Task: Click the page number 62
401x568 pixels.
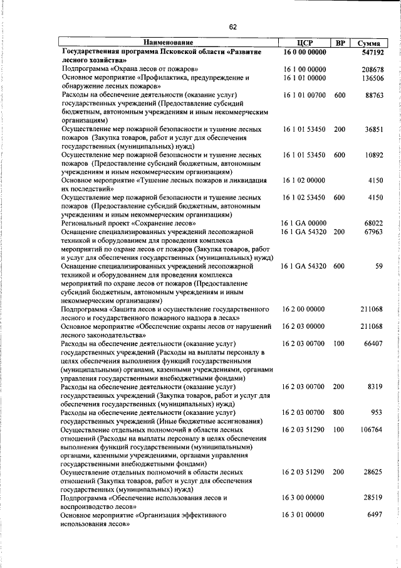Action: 232,26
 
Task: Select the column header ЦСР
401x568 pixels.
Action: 304,43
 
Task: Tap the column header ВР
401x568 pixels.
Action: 340,43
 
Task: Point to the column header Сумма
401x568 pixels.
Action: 368,43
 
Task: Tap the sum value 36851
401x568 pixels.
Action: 373,129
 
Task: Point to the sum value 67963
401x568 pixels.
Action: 373,232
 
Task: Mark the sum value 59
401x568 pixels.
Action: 378,266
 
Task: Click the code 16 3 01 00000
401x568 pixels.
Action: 304,514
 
